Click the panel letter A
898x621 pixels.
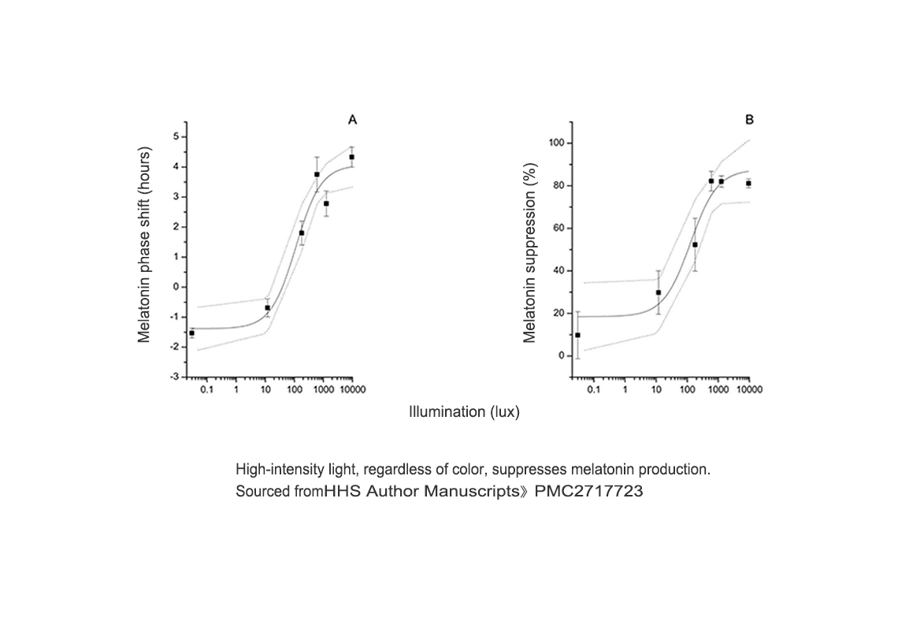click(x=353, y=120)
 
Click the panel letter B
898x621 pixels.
click(x=749, y=120)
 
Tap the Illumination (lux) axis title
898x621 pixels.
click(x=464, y=412)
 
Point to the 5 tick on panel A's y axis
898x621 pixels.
click(x=176, y=136)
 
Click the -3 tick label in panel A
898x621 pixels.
click(x=174, y=377)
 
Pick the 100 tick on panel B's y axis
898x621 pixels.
click(x=558, y=143)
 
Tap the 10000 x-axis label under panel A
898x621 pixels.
click(x=351, y=390)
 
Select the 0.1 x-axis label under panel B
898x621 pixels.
click(x=593, y=390)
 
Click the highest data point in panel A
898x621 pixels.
click(x=352, y=157)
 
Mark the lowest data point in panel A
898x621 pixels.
click(x=191, y=333)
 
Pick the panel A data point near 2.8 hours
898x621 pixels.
click(x=326, y=203)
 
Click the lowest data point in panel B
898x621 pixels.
click(x=577, y=335)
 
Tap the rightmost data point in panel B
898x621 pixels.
click(x=748, y=183)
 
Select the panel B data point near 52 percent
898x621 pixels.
click(x=695, y=244)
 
